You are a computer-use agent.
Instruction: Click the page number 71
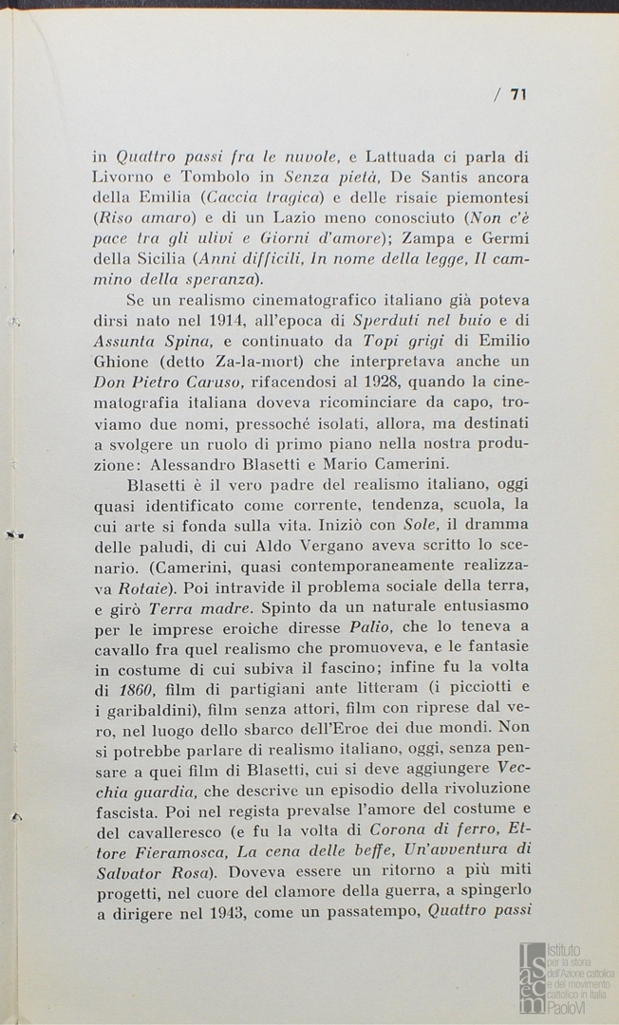tap(518, 95)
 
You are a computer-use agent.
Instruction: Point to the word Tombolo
tap(213, 177)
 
